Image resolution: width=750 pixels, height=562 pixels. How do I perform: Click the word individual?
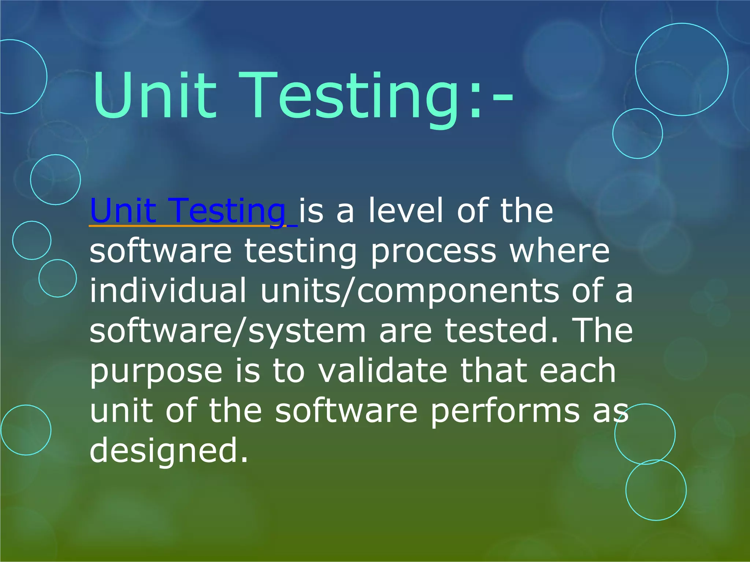[x=168, y=291]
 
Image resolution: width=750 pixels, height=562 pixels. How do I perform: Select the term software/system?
[x=227, y=331]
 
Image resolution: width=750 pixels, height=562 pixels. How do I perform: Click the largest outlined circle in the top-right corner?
[x=682, y=70]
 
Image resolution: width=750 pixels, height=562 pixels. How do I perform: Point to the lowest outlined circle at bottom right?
[x=656, y=490]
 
